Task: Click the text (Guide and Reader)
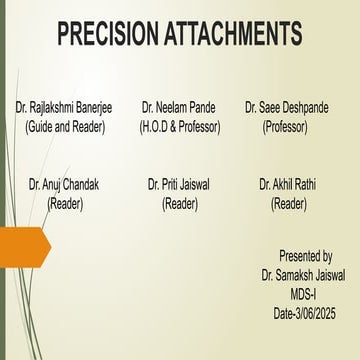(x=68, y=127)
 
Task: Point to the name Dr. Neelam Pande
(x=180, y=105)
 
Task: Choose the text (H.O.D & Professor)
(x=180, y=127)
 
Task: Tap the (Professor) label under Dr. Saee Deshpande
(x=285, y=127)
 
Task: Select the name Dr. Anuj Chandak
(x=64, y=184)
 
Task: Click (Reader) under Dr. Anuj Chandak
(x=65, y=203)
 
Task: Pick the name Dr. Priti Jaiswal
(x=179, y=184)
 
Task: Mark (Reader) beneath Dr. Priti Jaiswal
(x=180, y=203)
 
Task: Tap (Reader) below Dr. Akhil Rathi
(x=288, y=203)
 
